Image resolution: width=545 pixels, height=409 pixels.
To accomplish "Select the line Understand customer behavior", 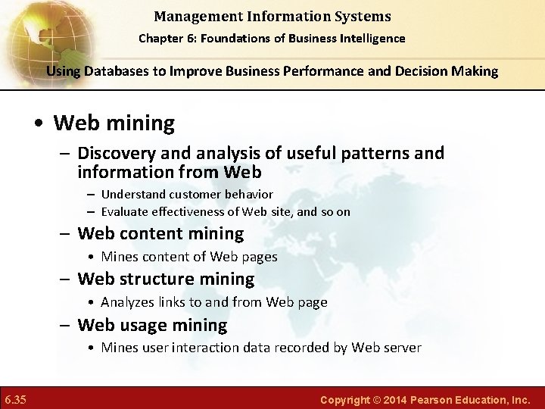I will tap(186, 195).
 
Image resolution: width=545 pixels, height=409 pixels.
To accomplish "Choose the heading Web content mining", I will tap(160, 234).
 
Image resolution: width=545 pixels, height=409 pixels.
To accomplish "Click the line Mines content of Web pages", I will tap(188, 257).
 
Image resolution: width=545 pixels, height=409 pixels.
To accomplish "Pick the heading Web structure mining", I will tap(166, 279).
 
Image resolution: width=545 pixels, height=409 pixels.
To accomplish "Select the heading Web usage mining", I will tap(152, 326).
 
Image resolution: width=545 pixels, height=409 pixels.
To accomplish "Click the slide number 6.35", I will tap(16, 399).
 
